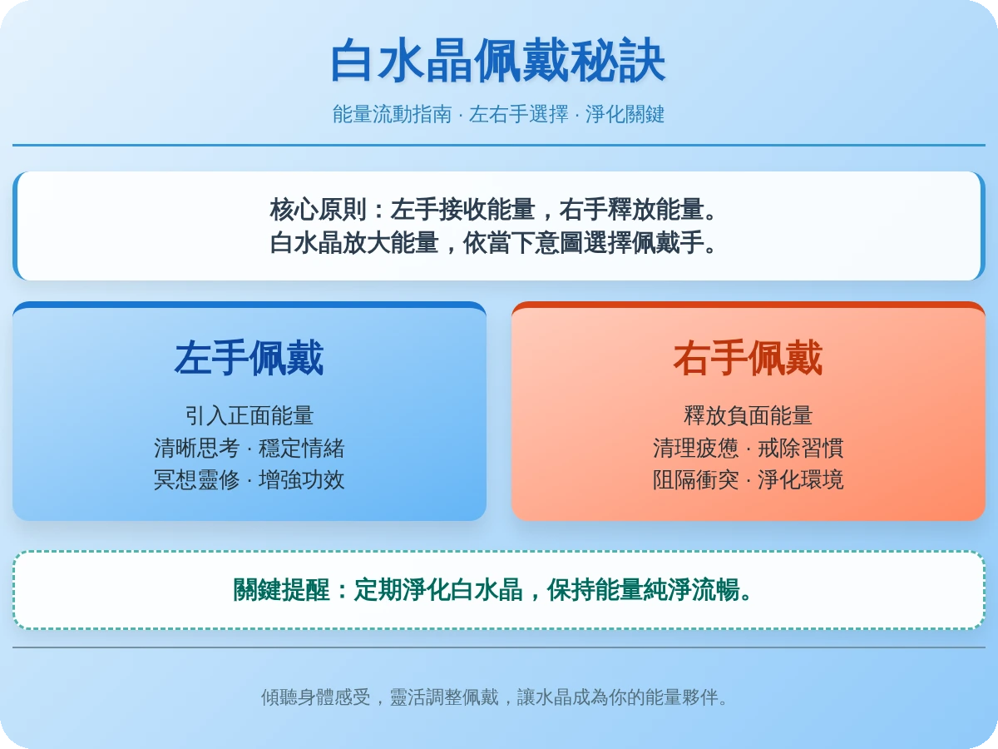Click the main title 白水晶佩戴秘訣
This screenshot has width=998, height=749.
pos(498,61)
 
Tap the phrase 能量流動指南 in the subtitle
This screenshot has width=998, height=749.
pos(393,114)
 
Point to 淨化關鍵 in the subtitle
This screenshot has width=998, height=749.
pos(625,114)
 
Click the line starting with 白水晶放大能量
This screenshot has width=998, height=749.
pos(494,243)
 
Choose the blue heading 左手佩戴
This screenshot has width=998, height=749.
pos(249,359)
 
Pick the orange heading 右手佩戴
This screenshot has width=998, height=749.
pos(748,359)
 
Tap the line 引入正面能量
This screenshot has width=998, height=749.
pos(249,415)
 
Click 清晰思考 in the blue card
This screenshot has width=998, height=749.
pos(197,448)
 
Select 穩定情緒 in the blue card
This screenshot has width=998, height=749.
pos(301,448)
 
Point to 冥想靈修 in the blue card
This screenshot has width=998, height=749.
pos(197,480)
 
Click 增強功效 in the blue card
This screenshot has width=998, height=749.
pos(301,480)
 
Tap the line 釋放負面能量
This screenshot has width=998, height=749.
pos(748,415)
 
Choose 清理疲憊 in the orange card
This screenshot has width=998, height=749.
pos(696,448)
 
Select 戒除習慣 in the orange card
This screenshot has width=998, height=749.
pos(800,448)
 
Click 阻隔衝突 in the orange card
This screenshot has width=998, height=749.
pos(696,480)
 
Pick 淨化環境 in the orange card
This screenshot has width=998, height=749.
pos(800,480)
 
